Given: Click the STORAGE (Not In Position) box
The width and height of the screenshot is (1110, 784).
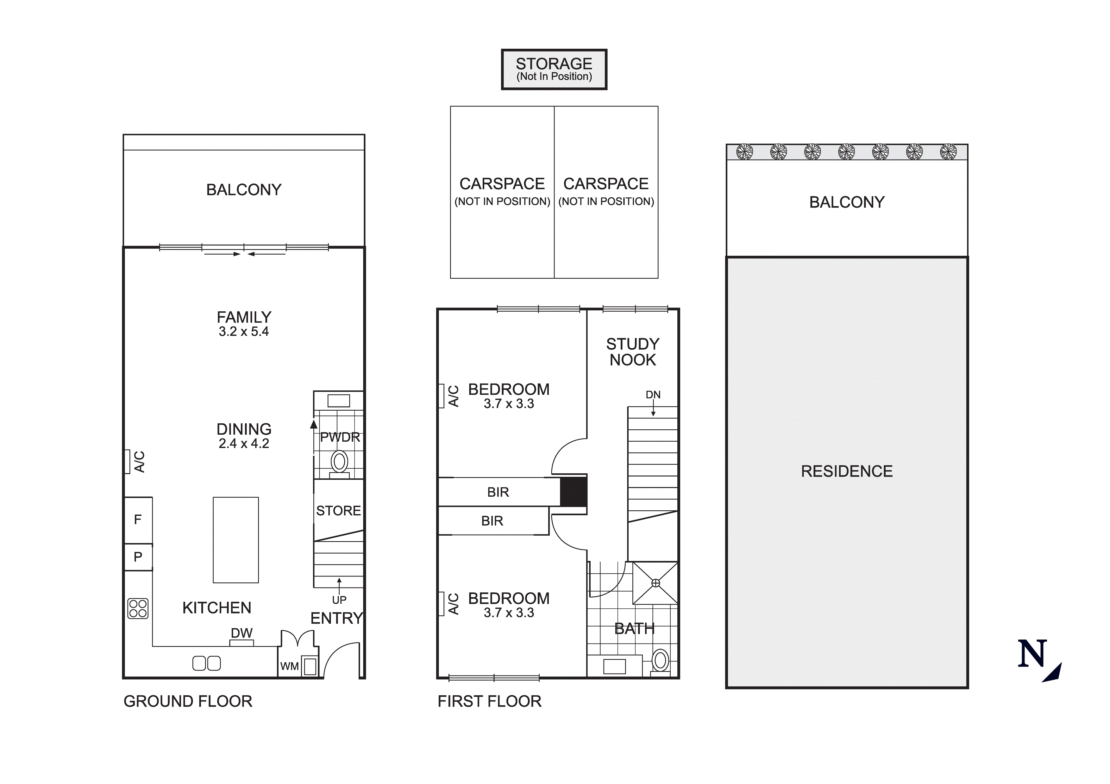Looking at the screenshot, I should [x=554, y=69].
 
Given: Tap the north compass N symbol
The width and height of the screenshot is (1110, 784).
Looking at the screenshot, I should [x=1033, y=655].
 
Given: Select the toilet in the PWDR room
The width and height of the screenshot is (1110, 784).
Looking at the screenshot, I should [x=339, y=462].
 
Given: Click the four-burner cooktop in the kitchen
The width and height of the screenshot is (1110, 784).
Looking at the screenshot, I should [x=138, y=608].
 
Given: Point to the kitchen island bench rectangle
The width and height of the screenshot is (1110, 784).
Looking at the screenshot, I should [x=236, y=540].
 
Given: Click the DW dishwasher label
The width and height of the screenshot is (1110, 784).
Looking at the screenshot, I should [x=242, y=633].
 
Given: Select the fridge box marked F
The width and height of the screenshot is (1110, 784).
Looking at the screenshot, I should [x=138, y=520].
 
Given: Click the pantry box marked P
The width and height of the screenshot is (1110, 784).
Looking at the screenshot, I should [x=138, y=557].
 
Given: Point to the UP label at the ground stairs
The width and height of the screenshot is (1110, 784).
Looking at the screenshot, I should [x=339, y=600].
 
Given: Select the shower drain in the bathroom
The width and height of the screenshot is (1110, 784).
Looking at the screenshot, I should [x=655, y=583].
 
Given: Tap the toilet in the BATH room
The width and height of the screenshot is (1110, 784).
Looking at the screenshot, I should [x=660, y=660].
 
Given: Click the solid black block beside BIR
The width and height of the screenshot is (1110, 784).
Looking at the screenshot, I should [x=574, y=492].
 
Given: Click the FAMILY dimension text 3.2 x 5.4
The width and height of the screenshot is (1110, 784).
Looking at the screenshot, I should [x=244, y=332].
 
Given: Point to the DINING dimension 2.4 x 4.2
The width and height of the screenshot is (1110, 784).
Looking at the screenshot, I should [x=244, y=444].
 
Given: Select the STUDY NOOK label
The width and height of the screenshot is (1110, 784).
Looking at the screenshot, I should [x=632, y=352].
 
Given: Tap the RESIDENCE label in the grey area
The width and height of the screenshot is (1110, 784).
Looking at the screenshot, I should [x=847, y=471].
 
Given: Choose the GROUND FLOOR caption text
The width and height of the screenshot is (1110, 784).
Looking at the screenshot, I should [x=188, y=701].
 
